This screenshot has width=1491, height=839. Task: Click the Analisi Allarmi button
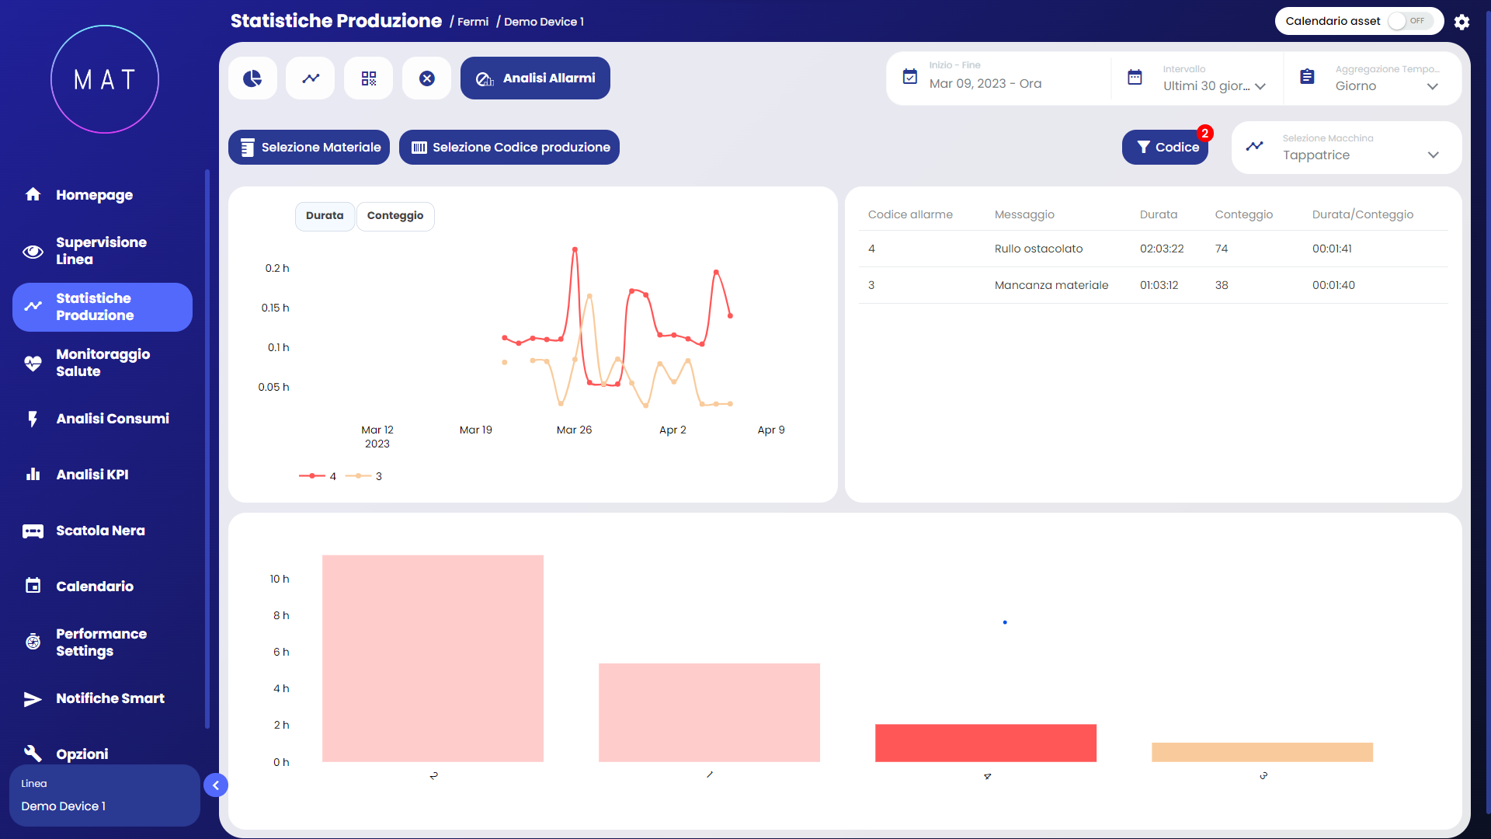click(x=535, y=78)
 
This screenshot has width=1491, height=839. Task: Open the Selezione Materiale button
click(x=309, y=148)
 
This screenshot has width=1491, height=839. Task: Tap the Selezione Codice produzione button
click(x=509, y=148)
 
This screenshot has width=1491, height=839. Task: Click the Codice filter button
click(x=1165, y=148)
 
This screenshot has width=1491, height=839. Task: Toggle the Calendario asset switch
click(x=1409, y=21)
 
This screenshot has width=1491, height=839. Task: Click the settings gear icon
click(x=1461, y=22)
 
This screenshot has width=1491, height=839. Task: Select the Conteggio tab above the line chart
click(x=395, y=216)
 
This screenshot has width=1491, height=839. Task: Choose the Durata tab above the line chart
click(x=325, y=216)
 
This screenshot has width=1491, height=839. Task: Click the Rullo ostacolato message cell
click(x=1038, y=249)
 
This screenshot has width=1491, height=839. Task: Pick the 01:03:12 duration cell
click(x=1159, y=285)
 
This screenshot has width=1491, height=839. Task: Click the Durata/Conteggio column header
click(x=1362, y=214)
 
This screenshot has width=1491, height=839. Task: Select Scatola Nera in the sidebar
click(x=100, y=531)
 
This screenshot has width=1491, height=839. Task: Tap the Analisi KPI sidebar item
click(x=92, y=475)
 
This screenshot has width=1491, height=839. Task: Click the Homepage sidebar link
click(x=94, y=195)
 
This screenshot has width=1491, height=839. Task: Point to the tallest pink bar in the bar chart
click(x=433, y=658)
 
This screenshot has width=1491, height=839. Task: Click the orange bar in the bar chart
click(x=1262, y=752)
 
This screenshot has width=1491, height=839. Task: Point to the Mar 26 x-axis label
click(x=574, y=430)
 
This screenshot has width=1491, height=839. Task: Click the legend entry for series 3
click(x=364, y=476)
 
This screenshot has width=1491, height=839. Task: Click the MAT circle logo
click(x=105, y=79)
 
